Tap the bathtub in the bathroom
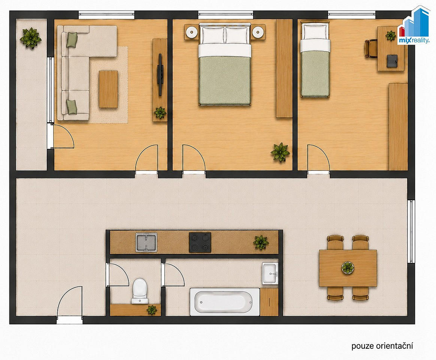[x=225, y=302]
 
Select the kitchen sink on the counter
[x=146, y=242]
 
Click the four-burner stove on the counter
[x=200, y=242]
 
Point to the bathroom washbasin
[x=270, y=273]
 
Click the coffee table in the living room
[x=109, y=89]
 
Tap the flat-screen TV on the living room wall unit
[x=160, y=75]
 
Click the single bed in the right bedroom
[x=315, y=60]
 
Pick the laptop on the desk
[x=391, y=61]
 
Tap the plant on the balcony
[x=31, y=38]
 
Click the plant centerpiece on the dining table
[x=348, y=268]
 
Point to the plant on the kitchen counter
[x=261, y=242]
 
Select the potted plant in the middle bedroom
[x=280, y=152]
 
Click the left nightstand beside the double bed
[x=192, y=32]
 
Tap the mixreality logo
[x=414, y=26]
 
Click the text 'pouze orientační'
[x=382, y=346]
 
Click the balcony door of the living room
[x=63, y=136]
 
